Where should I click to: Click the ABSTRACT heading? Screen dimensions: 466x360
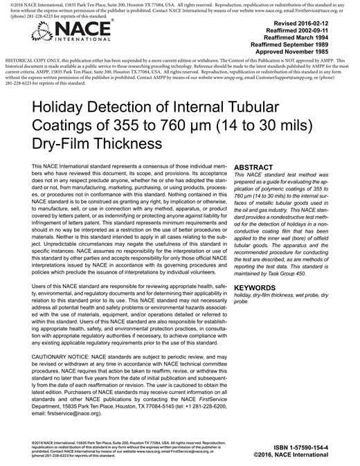(x=258, y=168)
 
